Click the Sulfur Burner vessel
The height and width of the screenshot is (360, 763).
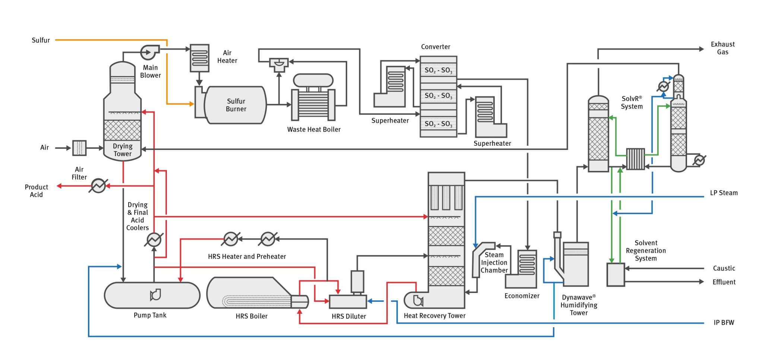[x=235, y=105]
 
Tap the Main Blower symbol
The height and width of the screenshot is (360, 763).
[x=149, y=53]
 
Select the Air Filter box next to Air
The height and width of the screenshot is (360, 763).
[x=79, y=148]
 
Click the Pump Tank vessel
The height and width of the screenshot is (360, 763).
[x=152, y=295]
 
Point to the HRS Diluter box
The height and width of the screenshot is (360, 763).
[x=348, y=302]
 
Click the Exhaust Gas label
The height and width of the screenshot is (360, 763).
[x=722, y=48]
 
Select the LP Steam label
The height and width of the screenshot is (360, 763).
[x=724, y=193]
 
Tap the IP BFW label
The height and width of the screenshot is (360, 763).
[x=724, y=323]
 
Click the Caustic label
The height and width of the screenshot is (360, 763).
[x=724, y=268]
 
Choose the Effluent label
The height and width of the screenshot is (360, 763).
[x=724, y=282]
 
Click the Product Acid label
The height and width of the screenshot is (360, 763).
[x=37, y=191]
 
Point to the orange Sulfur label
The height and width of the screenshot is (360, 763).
[x=41, y=40]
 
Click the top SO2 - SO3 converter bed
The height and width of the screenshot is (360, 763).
[x=438, y=70]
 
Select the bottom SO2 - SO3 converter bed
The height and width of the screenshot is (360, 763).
[x=438, y=124]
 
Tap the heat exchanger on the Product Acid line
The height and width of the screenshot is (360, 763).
[x=98, y=186]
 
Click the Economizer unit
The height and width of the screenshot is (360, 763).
[x=526, y=268]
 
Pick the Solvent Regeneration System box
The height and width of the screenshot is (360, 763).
[x=615, y=275]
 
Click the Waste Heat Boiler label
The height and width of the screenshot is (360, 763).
[x=314, y=130]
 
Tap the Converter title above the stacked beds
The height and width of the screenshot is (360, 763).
[x=435, y=47]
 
